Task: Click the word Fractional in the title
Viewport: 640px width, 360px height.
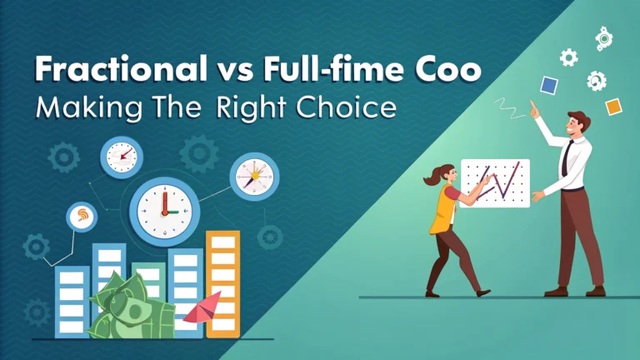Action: point(121,68)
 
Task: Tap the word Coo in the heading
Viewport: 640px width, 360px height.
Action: point(448,69)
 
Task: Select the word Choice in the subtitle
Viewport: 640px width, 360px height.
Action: point(346,107)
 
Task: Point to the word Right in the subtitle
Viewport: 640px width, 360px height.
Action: point(251,108)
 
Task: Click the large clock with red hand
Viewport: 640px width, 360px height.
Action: point(164,212)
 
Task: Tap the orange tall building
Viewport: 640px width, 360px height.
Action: point(222,284)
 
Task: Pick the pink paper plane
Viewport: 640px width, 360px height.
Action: point(202,307)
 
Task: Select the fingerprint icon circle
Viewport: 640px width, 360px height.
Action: point(82,217)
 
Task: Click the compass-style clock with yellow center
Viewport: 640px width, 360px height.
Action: point(255,177)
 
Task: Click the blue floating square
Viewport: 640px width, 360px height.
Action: point(549,85)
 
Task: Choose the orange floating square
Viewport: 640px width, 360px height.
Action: point(613,107)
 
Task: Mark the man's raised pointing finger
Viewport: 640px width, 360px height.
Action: point(532,106)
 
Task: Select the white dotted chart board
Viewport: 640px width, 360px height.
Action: point(495,183)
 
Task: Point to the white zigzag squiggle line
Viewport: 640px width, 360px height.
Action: point(509,108)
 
